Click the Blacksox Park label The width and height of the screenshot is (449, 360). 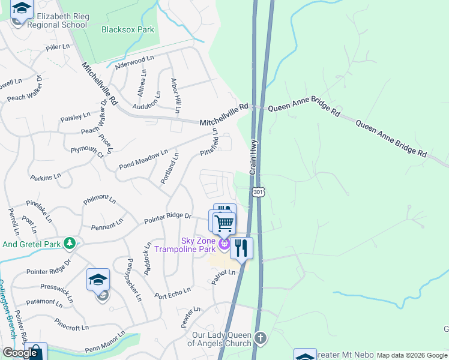(127, 29)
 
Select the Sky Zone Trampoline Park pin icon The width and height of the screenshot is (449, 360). (224, 244)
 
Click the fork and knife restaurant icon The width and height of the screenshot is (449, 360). (241, 248)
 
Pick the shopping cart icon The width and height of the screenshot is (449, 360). (224, 223)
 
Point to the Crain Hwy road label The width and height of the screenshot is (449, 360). (254, 157)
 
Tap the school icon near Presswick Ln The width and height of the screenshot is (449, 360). (98, 280)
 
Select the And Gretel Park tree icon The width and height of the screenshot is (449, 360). (70, 243)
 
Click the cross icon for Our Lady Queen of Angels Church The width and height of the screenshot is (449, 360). (259, 337)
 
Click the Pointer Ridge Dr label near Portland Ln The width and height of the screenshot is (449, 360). (167, 218)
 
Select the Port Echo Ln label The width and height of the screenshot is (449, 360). (172, 292)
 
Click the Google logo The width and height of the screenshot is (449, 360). (20, 353)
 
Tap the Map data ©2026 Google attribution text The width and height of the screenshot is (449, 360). (412, 355)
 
